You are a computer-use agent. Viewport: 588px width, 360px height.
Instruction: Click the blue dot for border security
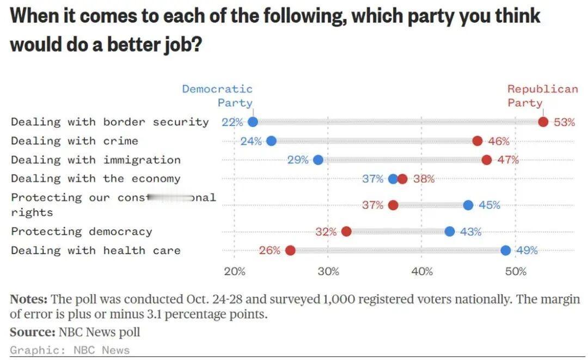(253, 122)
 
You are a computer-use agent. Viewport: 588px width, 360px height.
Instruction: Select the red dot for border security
(543, 122)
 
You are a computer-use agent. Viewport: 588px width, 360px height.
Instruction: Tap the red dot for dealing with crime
(477, 141)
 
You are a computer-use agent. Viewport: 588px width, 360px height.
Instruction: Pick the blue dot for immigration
(318, 160)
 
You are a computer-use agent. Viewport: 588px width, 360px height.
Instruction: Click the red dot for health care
(290, 251)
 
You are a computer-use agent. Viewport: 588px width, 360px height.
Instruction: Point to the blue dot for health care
(506, 251)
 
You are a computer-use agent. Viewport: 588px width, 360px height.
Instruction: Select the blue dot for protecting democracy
(449, 231)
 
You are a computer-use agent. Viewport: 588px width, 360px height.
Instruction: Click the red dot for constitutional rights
(393, 205)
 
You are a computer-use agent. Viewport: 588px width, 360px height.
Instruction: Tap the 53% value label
(564, 122)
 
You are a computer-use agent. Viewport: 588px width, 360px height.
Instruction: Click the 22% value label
(232, 122)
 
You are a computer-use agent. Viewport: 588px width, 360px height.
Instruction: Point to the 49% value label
(526, 251)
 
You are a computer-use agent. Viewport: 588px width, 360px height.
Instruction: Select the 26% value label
(269, 251)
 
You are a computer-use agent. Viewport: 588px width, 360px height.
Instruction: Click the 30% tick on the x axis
(328, 271)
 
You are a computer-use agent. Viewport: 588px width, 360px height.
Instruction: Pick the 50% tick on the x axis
(516, 271)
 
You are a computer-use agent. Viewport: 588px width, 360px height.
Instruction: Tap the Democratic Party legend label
(218, 96)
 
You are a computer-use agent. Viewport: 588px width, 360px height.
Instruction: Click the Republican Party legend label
(542, 96)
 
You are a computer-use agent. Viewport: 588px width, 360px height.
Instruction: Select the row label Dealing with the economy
(95, 179)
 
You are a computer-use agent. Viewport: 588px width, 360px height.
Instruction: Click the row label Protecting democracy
(82, 231)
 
